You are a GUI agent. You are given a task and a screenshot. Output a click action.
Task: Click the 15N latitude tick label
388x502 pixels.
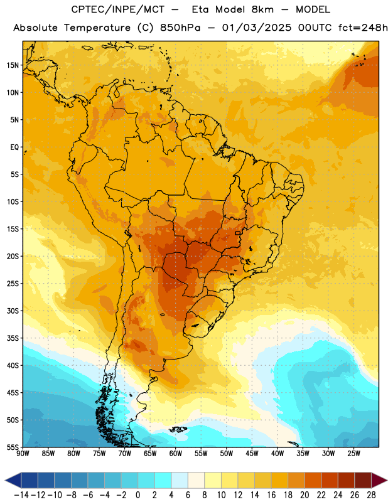pos(13,65)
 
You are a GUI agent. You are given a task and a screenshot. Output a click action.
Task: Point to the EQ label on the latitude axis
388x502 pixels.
pos(14,147)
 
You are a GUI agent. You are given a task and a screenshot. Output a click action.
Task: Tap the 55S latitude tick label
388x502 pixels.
pos(13,447)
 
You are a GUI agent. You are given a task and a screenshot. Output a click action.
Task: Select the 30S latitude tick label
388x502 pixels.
pos(13,311)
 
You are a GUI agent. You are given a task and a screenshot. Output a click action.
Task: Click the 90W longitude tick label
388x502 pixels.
pos(23,454)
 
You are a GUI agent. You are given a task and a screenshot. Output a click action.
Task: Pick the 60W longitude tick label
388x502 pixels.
pos(176,454)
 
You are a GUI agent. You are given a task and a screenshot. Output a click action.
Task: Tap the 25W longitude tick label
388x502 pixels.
pos(353,454)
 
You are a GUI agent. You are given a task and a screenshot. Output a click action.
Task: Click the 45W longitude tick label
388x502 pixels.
pos(252,454)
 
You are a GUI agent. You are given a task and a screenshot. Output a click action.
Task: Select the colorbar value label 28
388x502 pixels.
pos(371,495)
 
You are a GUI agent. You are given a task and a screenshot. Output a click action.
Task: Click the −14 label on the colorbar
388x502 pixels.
pos(21,495)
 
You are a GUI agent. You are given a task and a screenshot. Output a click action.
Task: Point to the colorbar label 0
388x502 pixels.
pos(137,495)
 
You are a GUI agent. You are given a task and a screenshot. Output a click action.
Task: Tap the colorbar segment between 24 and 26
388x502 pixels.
pos(347,481)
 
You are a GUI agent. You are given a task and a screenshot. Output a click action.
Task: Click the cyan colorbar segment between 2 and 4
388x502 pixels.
pos(163,481)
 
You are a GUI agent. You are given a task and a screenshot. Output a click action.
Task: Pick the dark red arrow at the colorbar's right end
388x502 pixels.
pos(379,481)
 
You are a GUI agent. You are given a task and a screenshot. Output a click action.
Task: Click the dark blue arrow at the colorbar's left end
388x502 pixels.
pos(13,481)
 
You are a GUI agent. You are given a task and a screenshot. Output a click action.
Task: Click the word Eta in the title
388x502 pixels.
pos(200,9)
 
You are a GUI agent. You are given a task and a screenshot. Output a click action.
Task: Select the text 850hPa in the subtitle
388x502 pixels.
pos(180,28)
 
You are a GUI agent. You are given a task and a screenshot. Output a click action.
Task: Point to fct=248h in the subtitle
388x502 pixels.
pos(363,28)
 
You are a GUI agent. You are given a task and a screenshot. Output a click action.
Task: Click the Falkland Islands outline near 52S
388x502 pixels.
pos(178,429)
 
